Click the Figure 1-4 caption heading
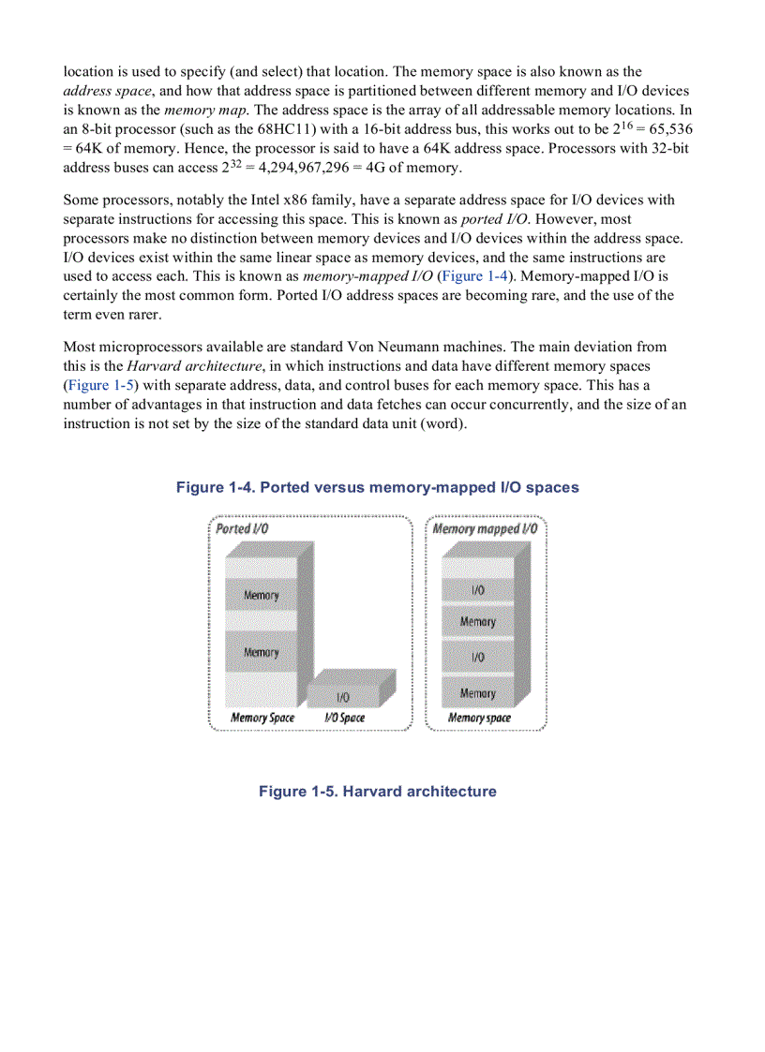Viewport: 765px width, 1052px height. [x=377, y=487]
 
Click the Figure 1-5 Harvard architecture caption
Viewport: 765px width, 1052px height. [x=377, y=792]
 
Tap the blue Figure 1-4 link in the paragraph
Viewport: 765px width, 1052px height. [x=475, y=275]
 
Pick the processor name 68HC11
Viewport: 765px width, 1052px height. [x=282, y=129]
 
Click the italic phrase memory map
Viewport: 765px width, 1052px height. [x=186, y=110]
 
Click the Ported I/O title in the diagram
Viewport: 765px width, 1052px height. [x=236, y=528]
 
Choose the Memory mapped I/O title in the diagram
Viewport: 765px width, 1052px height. [x=485, y=528]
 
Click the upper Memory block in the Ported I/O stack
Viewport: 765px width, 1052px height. [x=261, y=595]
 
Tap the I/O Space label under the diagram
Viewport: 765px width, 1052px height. [x=345, y=719]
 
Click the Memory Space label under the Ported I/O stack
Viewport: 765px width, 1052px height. [x=262, y=719]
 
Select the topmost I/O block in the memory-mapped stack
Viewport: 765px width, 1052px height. [x=478, y=590]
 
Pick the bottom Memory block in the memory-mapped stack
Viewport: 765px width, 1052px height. [x=478, y=693]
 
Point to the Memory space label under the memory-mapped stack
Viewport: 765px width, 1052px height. [x=479, y=719]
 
